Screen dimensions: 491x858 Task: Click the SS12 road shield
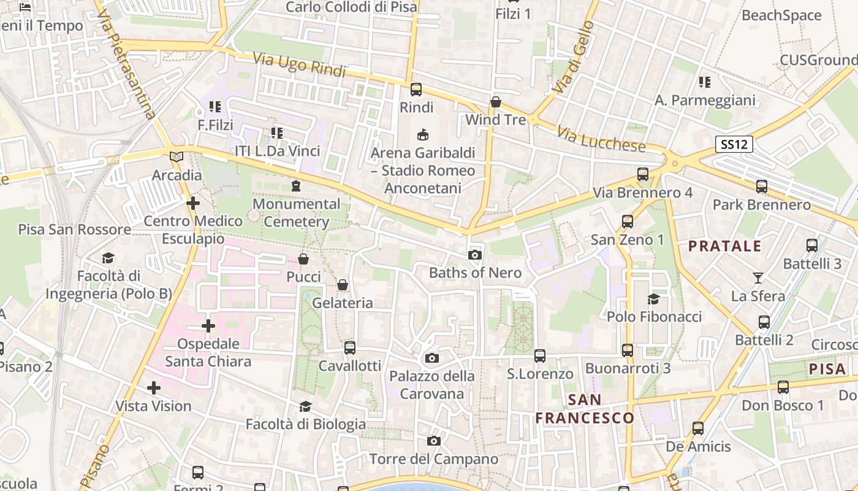734,144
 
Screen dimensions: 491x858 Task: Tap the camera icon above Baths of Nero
474,255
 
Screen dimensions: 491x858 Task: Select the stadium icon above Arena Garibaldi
422,134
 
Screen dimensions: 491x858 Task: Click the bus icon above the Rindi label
416,90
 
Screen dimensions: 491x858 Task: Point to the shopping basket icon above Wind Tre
495,102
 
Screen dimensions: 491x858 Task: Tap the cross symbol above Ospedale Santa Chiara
208,325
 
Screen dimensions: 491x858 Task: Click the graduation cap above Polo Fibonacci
653,299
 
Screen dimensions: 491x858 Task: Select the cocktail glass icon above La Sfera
758,278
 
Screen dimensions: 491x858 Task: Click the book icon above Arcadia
177,157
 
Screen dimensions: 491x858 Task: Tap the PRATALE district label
724,247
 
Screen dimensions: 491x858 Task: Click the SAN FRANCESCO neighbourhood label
585,409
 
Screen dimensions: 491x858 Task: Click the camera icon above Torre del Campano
433,441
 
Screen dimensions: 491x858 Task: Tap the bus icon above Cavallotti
349,348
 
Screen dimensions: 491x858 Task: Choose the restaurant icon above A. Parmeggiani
704,82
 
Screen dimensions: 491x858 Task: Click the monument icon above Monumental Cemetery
296,185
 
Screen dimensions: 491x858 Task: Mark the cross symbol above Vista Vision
154,388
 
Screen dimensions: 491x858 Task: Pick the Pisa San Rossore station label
74,230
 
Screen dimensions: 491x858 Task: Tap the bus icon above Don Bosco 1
783,387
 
